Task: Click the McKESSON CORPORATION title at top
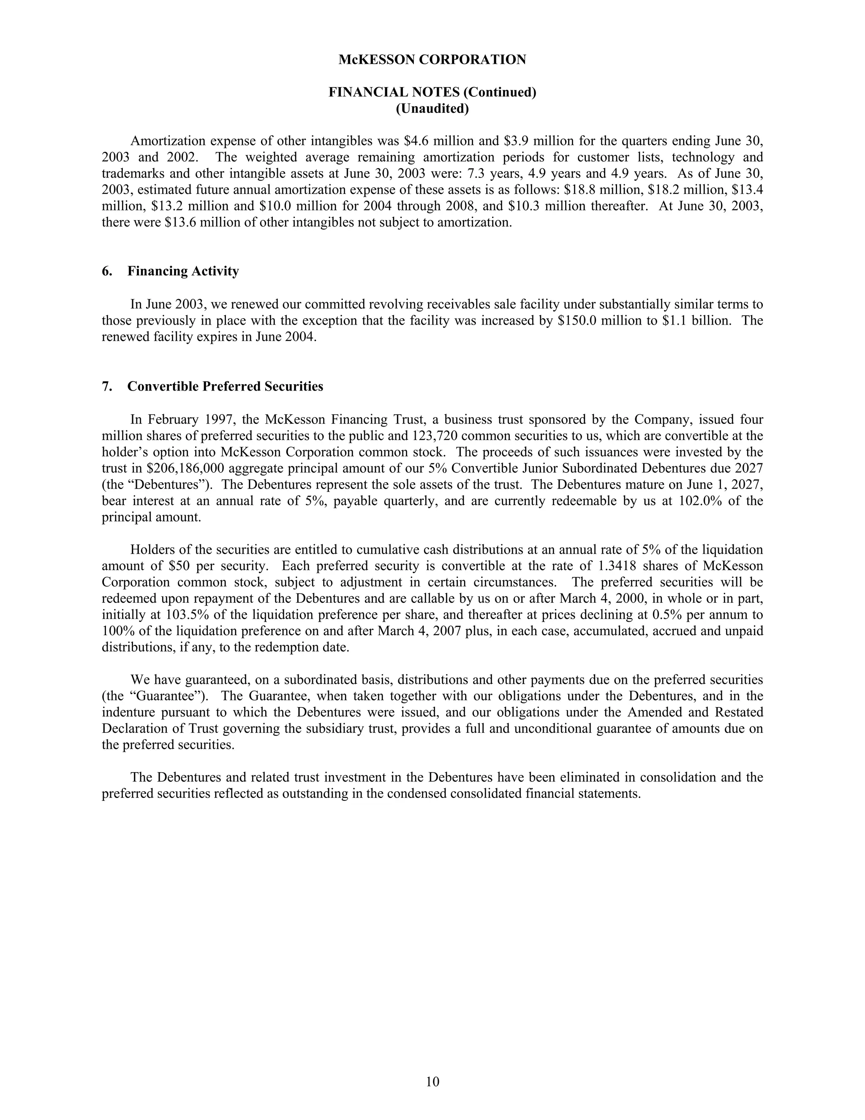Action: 432,60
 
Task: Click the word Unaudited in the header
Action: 432,109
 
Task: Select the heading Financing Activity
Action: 183,271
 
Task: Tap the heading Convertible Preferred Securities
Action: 225,386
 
